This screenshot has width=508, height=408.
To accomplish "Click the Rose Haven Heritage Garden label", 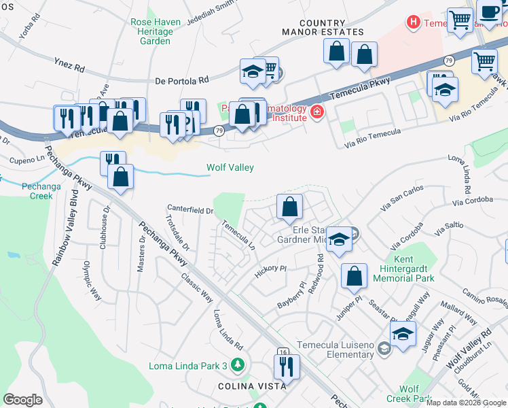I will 156,31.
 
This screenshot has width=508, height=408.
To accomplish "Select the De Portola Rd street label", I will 182,80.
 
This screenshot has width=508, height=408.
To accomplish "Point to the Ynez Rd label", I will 69,65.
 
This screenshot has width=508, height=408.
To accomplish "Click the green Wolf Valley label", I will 230,168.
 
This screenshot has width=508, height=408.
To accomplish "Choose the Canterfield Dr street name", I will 191,210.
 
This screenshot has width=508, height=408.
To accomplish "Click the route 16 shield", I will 283,352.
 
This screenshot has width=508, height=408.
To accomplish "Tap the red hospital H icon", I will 412,22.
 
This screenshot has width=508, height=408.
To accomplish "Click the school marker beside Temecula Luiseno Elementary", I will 403,334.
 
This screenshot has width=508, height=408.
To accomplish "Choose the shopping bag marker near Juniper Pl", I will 354,276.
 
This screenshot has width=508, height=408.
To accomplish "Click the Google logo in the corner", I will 22,400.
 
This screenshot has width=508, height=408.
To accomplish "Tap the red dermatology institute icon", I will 315,112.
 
